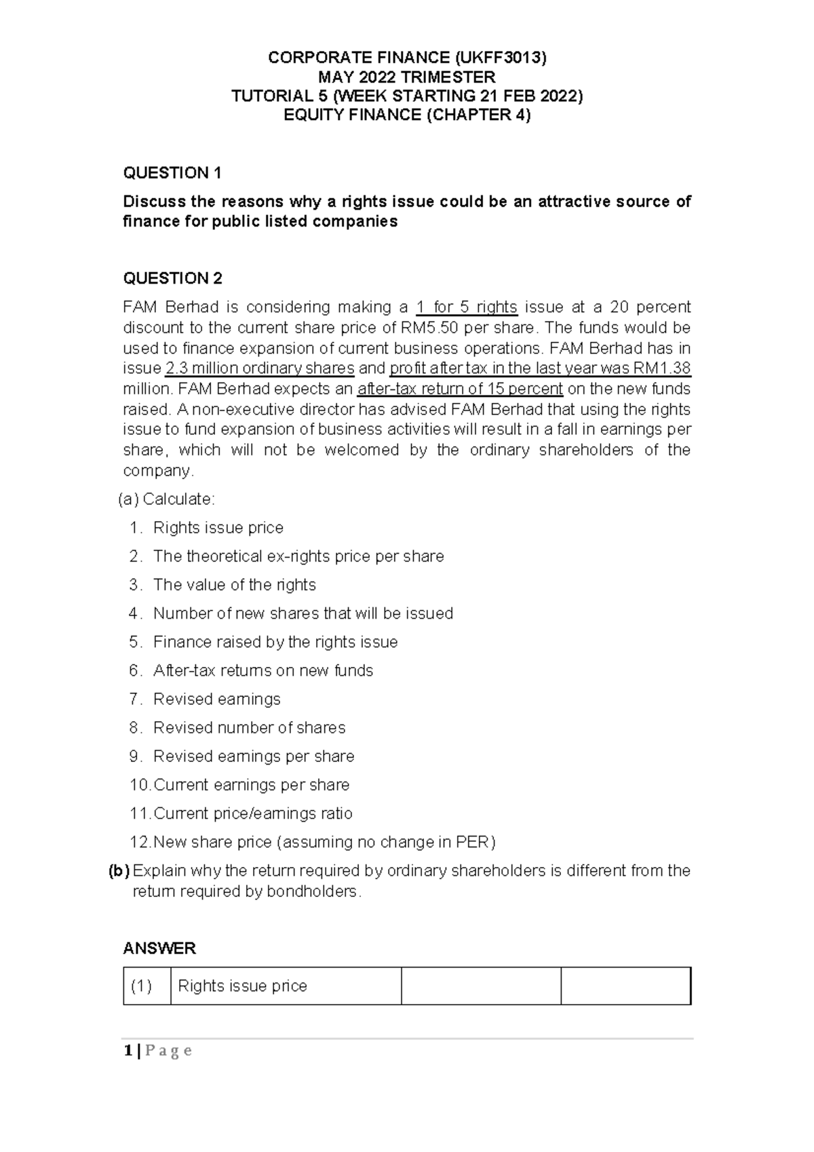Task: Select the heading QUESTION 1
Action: click(x=172, y=173)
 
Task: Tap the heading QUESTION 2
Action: click(x=172, y=278)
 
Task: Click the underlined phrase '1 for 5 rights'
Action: click(x=467, y=307)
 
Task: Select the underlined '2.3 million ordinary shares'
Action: click(x=260, y=368)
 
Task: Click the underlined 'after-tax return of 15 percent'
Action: click(x=460, y=389)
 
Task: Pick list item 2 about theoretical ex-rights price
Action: click(x=298, y=556)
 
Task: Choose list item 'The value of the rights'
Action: click(x=234, y=585)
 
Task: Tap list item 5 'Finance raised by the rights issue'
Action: click(x=275, y=642)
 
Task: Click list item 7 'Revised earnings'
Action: click(x=216, y=699)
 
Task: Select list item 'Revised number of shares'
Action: click(x=249, y=727)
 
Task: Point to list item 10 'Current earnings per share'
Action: click(x=251, y=785)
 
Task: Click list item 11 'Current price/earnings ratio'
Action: click(x=253, y=813)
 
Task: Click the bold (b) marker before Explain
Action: click(x=119, y=870)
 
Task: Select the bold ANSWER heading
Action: click(x=159, y=948)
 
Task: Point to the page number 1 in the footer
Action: click(x=127, y=1051)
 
